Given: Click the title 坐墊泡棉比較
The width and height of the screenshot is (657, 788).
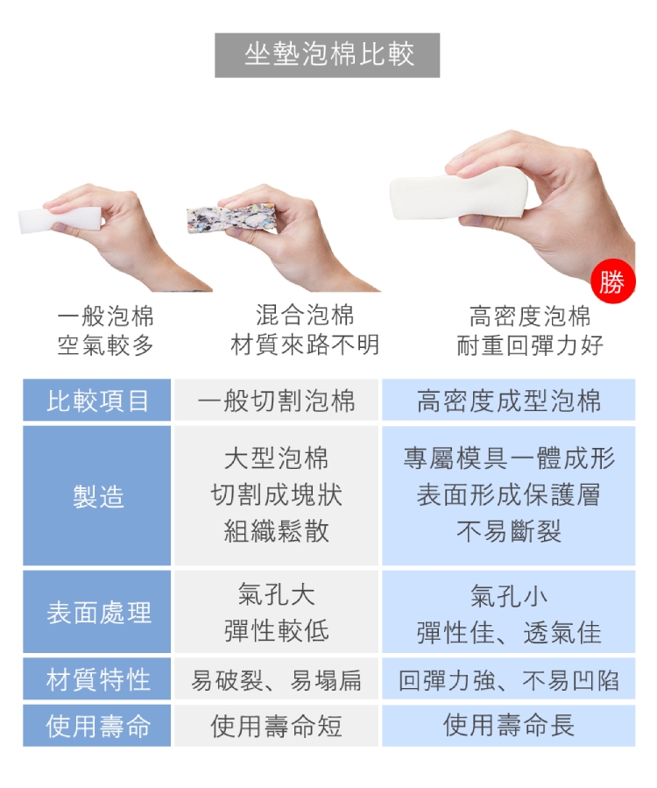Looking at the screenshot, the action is click(329, 54).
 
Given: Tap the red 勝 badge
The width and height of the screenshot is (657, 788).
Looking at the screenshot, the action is click(613, 282).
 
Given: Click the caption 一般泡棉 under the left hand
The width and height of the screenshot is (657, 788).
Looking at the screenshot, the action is click(105, 316).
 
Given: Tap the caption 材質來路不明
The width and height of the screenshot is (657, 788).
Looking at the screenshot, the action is click(305, 344).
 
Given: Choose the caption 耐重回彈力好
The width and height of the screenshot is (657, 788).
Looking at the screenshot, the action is click(530, 345).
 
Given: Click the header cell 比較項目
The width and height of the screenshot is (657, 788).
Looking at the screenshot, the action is click(97, 400).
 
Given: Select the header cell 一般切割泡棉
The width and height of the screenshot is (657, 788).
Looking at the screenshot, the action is click(276, 400).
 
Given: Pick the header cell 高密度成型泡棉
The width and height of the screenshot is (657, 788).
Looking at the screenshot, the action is click(509, 400).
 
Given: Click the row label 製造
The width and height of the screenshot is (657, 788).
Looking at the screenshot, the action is click(97, 496).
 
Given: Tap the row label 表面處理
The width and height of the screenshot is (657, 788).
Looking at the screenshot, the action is click(97, 612).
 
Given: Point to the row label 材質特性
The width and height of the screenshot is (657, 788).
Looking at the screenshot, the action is click(97, 679).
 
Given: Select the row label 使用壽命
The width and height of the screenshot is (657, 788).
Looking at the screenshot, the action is click(97, 726).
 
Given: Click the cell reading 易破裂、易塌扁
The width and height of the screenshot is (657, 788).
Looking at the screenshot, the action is click(276, 680).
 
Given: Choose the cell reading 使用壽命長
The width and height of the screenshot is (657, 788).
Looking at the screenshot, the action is click(509, 725).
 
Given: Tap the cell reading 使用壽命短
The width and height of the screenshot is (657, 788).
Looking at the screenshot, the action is click(276, 726).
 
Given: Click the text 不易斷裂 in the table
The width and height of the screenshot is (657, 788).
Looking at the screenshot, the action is click(509, 531).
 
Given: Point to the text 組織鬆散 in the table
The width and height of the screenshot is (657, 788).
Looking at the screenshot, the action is click(276, 531).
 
